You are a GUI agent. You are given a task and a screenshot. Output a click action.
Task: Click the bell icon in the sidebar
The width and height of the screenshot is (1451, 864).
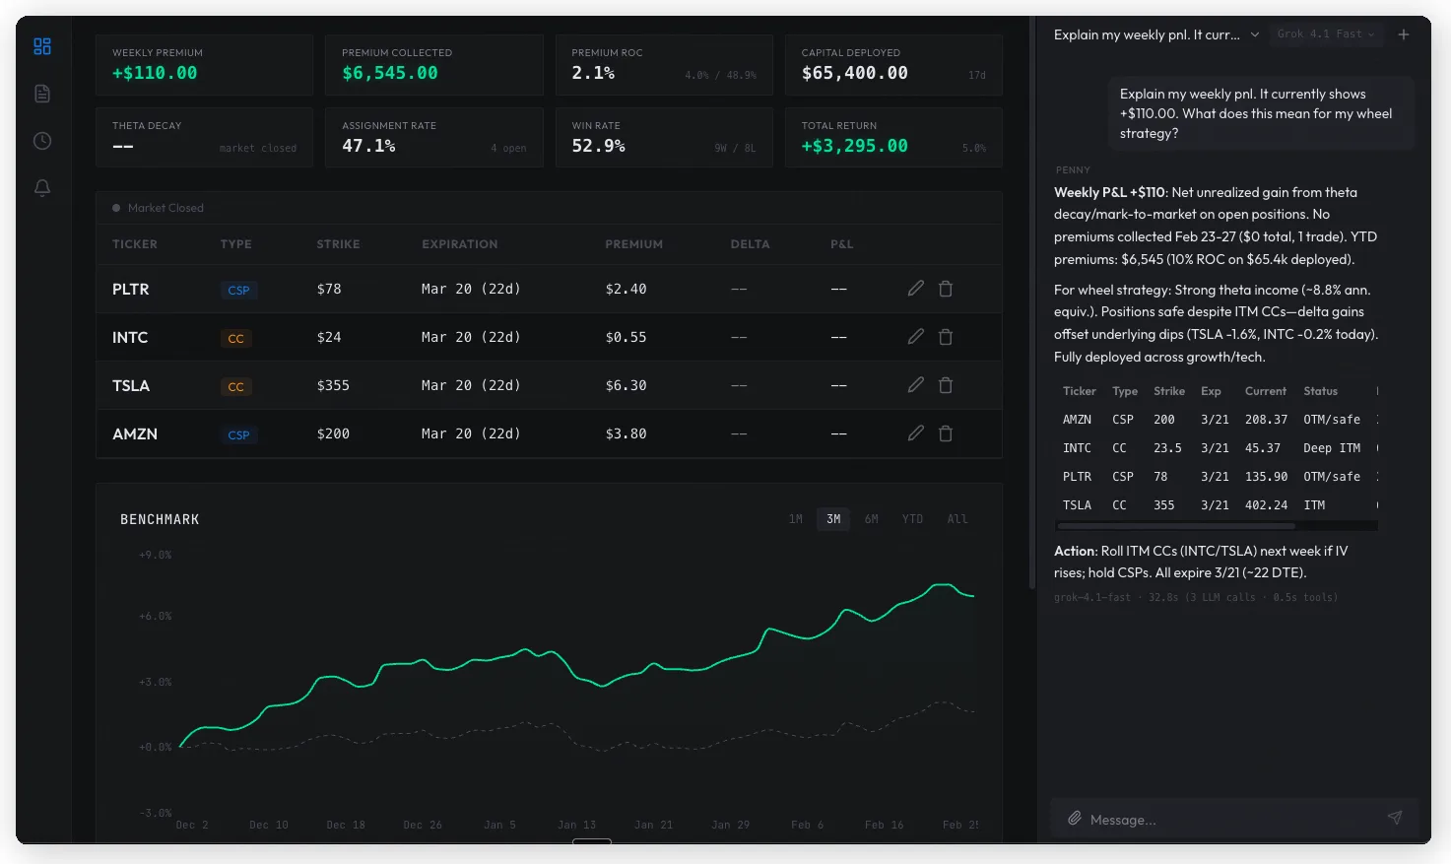(42, 187)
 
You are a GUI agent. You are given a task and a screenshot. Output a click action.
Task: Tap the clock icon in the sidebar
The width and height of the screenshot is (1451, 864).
(42, 141)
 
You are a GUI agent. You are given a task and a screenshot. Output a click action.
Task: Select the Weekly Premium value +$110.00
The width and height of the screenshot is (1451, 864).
(155, 73)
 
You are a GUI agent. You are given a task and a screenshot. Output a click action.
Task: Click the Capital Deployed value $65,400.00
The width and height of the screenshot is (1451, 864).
(854, 73)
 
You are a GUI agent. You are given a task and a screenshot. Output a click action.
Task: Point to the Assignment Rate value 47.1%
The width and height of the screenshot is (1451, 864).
(368, 146)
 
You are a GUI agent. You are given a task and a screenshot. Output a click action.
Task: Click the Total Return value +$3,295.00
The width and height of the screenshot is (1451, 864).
(854, 146)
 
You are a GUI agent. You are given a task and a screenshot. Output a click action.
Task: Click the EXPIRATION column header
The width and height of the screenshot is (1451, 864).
(459, 244)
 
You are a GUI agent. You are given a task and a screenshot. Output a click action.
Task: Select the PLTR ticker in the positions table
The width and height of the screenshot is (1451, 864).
(131, 289)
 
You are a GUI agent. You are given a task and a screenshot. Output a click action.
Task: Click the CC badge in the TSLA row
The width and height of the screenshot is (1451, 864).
(236, 386)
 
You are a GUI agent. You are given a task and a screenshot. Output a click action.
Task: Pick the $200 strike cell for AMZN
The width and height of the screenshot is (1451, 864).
(333, 433)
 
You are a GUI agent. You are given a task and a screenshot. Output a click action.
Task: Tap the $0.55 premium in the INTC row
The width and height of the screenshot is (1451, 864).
(626, 337)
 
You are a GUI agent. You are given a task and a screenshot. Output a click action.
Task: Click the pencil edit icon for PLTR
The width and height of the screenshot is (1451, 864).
(916, 289)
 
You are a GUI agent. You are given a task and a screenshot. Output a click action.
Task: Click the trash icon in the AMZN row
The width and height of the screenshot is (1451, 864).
(946, 433)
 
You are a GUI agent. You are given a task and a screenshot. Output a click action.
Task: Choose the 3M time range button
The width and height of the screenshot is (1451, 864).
(833, 519)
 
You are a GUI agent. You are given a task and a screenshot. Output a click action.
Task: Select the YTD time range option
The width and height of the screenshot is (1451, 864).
(912, 519)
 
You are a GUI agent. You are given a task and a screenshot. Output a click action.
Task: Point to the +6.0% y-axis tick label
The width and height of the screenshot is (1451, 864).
(156, 617)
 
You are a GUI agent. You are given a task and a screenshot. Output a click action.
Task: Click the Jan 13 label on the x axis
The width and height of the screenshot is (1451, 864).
(576, 825)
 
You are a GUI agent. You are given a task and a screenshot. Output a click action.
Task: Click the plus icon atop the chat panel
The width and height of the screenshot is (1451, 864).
(1404, 34)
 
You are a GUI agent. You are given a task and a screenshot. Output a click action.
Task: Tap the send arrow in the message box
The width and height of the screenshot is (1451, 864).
(1395, 818)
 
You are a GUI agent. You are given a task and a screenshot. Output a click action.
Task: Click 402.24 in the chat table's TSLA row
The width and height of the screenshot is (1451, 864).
(1266, 505)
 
